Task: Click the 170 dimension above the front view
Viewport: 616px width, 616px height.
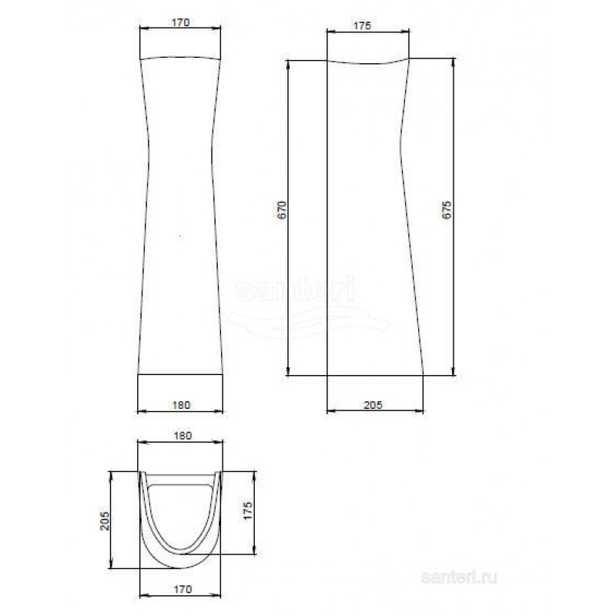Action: [x=181, y=22]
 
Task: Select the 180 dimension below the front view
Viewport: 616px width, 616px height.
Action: [x=181, y=405]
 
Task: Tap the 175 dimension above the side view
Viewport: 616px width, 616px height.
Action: [x=362, y=25]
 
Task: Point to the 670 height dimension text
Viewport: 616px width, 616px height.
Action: [x=283, y=209]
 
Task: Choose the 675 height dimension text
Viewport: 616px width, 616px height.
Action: [x=447, y=209]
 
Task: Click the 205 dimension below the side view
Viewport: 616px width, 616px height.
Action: [x=373, y=405]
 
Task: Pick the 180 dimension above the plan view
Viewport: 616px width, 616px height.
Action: [x=182, y=436]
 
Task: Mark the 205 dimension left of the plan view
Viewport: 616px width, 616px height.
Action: [x=105, y=521]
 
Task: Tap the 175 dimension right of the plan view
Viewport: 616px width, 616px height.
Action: [x=247, y=511]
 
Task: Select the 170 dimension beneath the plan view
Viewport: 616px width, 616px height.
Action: [x=182, y=589]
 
